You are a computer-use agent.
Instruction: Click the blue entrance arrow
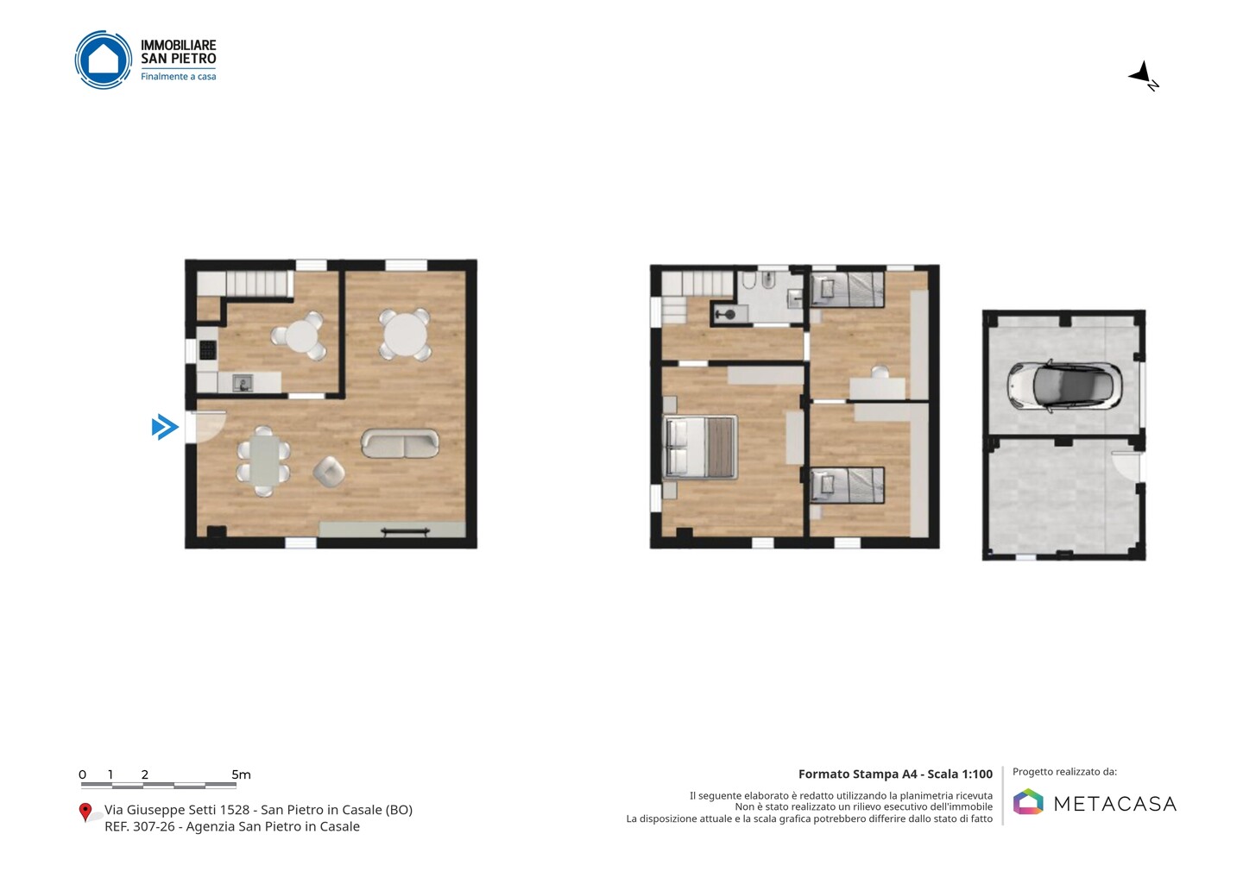[166, 427]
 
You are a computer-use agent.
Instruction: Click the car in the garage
[1063, 386]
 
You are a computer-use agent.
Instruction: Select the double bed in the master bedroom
[700, 447]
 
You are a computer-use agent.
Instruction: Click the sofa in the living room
[400, 443]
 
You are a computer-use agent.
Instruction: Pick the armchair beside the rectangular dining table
[329, 472]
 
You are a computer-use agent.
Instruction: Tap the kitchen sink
[243, 383]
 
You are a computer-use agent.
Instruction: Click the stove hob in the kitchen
[207, 350]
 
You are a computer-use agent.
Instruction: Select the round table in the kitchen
[300, 336]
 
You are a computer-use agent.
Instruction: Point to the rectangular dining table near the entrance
[264, 461]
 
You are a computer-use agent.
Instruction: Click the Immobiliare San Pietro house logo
[104, 60]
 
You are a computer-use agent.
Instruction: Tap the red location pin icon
[85, 812]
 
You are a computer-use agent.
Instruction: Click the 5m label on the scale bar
[241, 775]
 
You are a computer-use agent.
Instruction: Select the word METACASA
[1115, 804]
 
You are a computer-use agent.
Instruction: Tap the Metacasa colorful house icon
[1028, 801]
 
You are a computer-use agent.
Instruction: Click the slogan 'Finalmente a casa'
[178, 77]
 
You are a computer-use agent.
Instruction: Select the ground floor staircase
[245, 283]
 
